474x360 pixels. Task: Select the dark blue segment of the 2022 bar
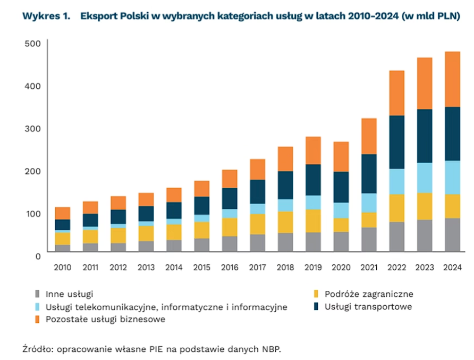point(396,142)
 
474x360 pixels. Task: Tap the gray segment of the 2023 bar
point(424,235)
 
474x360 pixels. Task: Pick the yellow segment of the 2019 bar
point(313,221)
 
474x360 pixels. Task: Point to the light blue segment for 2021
point(369,203)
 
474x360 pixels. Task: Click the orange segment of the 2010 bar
point(63,213)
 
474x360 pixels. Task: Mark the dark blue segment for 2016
point(230,198)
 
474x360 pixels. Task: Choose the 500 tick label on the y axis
point(33,44)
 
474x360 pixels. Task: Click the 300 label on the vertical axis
point(33,129)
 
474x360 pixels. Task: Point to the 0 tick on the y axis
point(38,256)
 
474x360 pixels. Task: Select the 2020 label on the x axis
point(341,267)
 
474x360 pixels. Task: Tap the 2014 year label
point(174,267)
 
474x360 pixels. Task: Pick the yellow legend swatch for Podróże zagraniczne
point(316,294)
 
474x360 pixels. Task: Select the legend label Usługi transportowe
point(368,307)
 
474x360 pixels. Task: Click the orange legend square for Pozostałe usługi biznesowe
point(37,320)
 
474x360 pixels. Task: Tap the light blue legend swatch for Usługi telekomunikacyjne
point(37,307)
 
